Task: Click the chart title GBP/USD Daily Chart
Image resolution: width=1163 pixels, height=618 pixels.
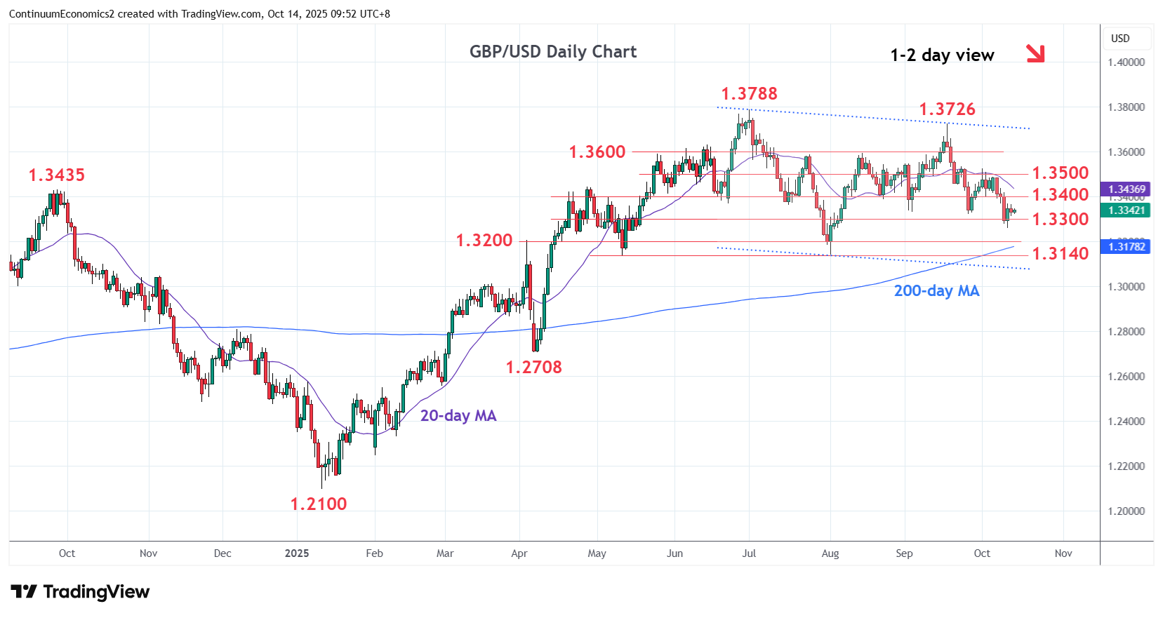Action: point(553,52)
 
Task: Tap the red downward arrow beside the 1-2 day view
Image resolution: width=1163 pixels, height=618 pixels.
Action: point(1035,53)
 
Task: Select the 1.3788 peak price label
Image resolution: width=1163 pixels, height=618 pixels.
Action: point(749,93)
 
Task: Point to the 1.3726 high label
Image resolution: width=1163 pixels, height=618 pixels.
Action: point(947,109)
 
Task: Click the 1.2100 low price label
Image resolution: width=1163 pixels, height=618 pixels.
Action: point(319,504)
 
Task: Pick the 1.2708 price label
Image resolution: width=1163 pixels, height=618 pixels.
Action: point(533,367)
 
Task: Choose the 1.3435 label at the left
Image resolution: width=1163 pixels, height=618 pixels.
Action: point(56,175)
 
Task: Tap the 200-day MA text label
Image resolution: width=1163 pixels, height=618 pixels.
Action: point(936,290)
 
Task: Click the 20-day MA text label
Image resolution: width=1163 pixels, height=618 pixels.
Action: point(458,415)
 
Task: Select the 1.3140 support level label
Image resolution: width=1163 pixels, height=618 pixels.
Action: point(1060,253)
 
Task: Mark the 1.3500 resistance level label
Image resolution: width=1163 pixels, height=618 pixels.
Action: point(1060,173)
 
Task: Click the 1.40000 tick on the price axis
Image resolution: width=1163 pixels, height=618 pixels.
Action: point(1126,62)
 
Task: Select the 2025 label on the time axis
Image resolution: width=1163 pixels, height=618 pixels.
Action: point(297,553)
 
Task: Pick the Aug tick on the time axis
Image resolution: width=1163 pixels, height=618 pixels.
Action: point(830,553)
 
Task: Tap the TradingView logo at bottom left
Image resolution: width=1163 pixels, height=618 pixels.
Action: point(80,592)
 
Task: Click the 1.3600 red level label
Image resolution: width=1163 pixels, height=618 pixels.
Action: point(597,152)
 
